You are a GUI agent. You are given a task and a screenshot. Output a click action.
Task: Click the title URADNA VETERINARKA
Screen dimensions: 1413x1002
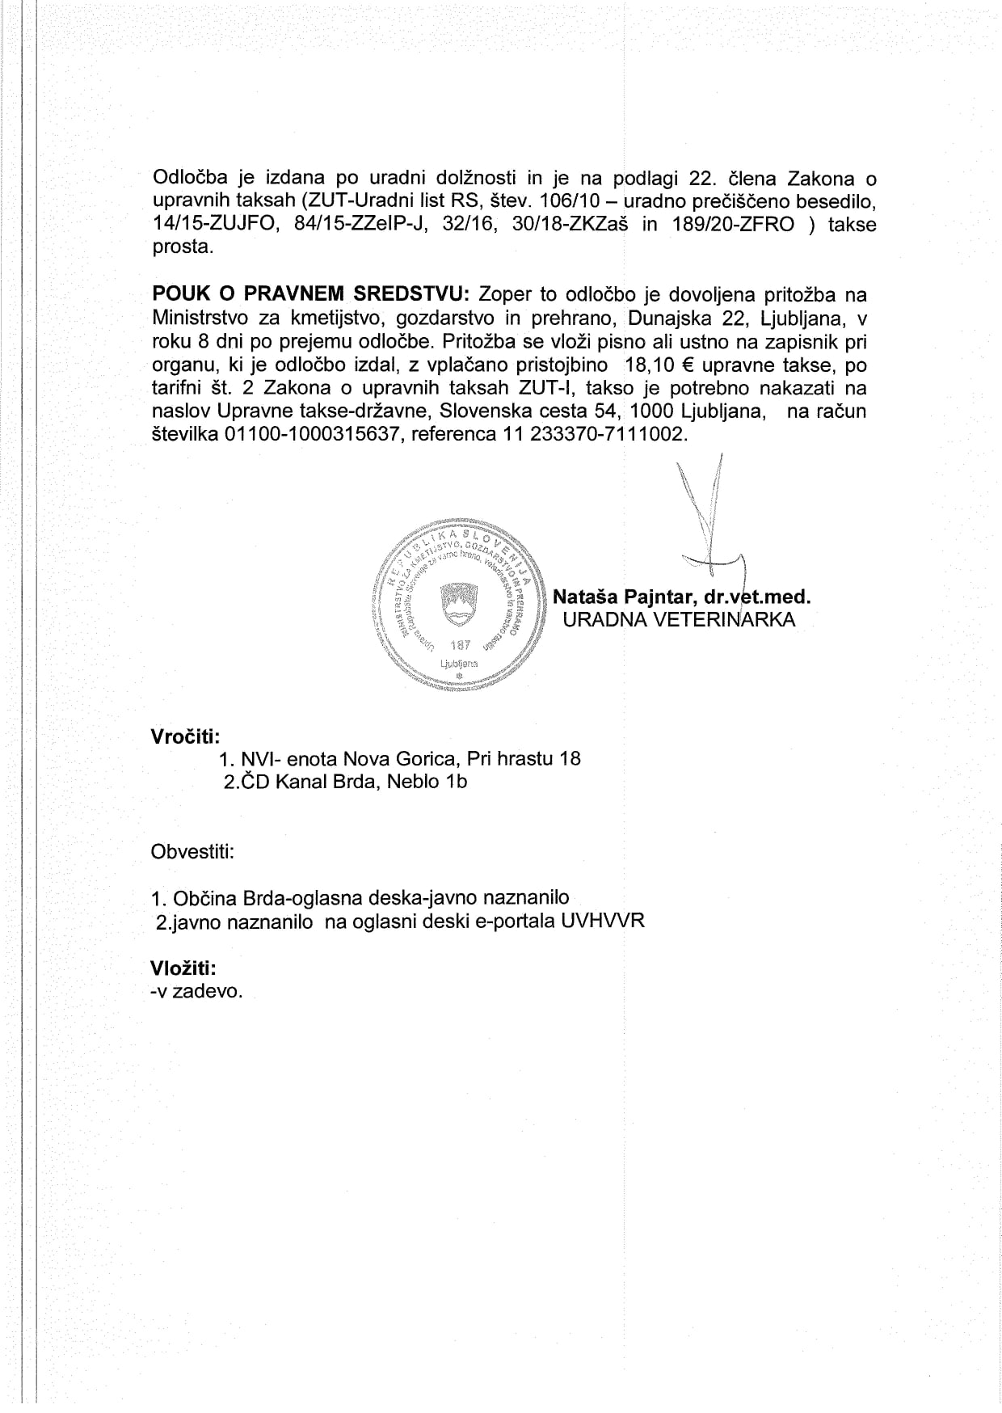678,620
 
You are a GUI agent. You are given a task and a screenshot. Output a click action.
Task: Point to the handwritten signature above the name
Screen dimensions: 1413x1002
711,525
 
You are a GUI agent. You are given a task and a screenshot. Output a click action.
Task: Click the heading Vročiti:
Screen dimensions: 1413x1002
185,736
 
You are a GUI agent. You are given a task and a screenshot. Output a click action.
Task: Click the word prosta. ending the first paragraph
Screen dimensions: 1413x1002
183,247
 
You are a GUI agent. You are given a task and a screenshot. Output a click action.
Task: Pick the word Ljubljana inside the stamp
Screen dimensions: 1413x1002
458,664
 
